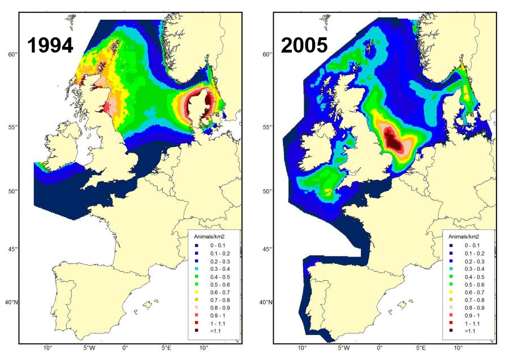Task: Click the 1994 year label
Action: point(50,45)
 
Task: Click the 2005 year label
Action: point(305,45)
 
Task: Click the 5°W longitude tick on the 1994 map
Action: point(88,348)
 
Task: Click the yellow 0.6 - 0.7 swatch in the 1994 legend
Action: point(196,292)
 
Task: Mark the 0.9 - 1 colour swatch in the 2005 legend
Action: point(451,315)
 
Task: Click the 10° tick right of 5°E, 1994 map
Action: point(204,348)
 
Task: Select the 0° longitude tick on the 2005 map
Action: point(380,348)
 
